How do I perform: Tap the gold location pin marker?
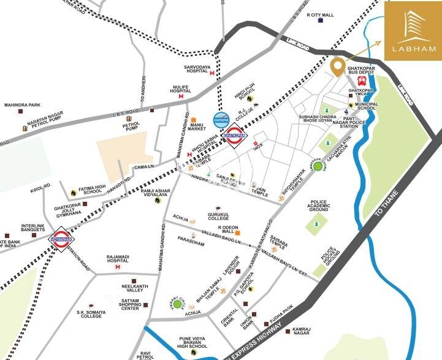point(337,66)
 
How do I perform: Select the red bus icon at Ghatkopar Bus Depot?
point(362,80)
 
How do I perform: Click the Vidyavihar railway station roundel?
point(59,238)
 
